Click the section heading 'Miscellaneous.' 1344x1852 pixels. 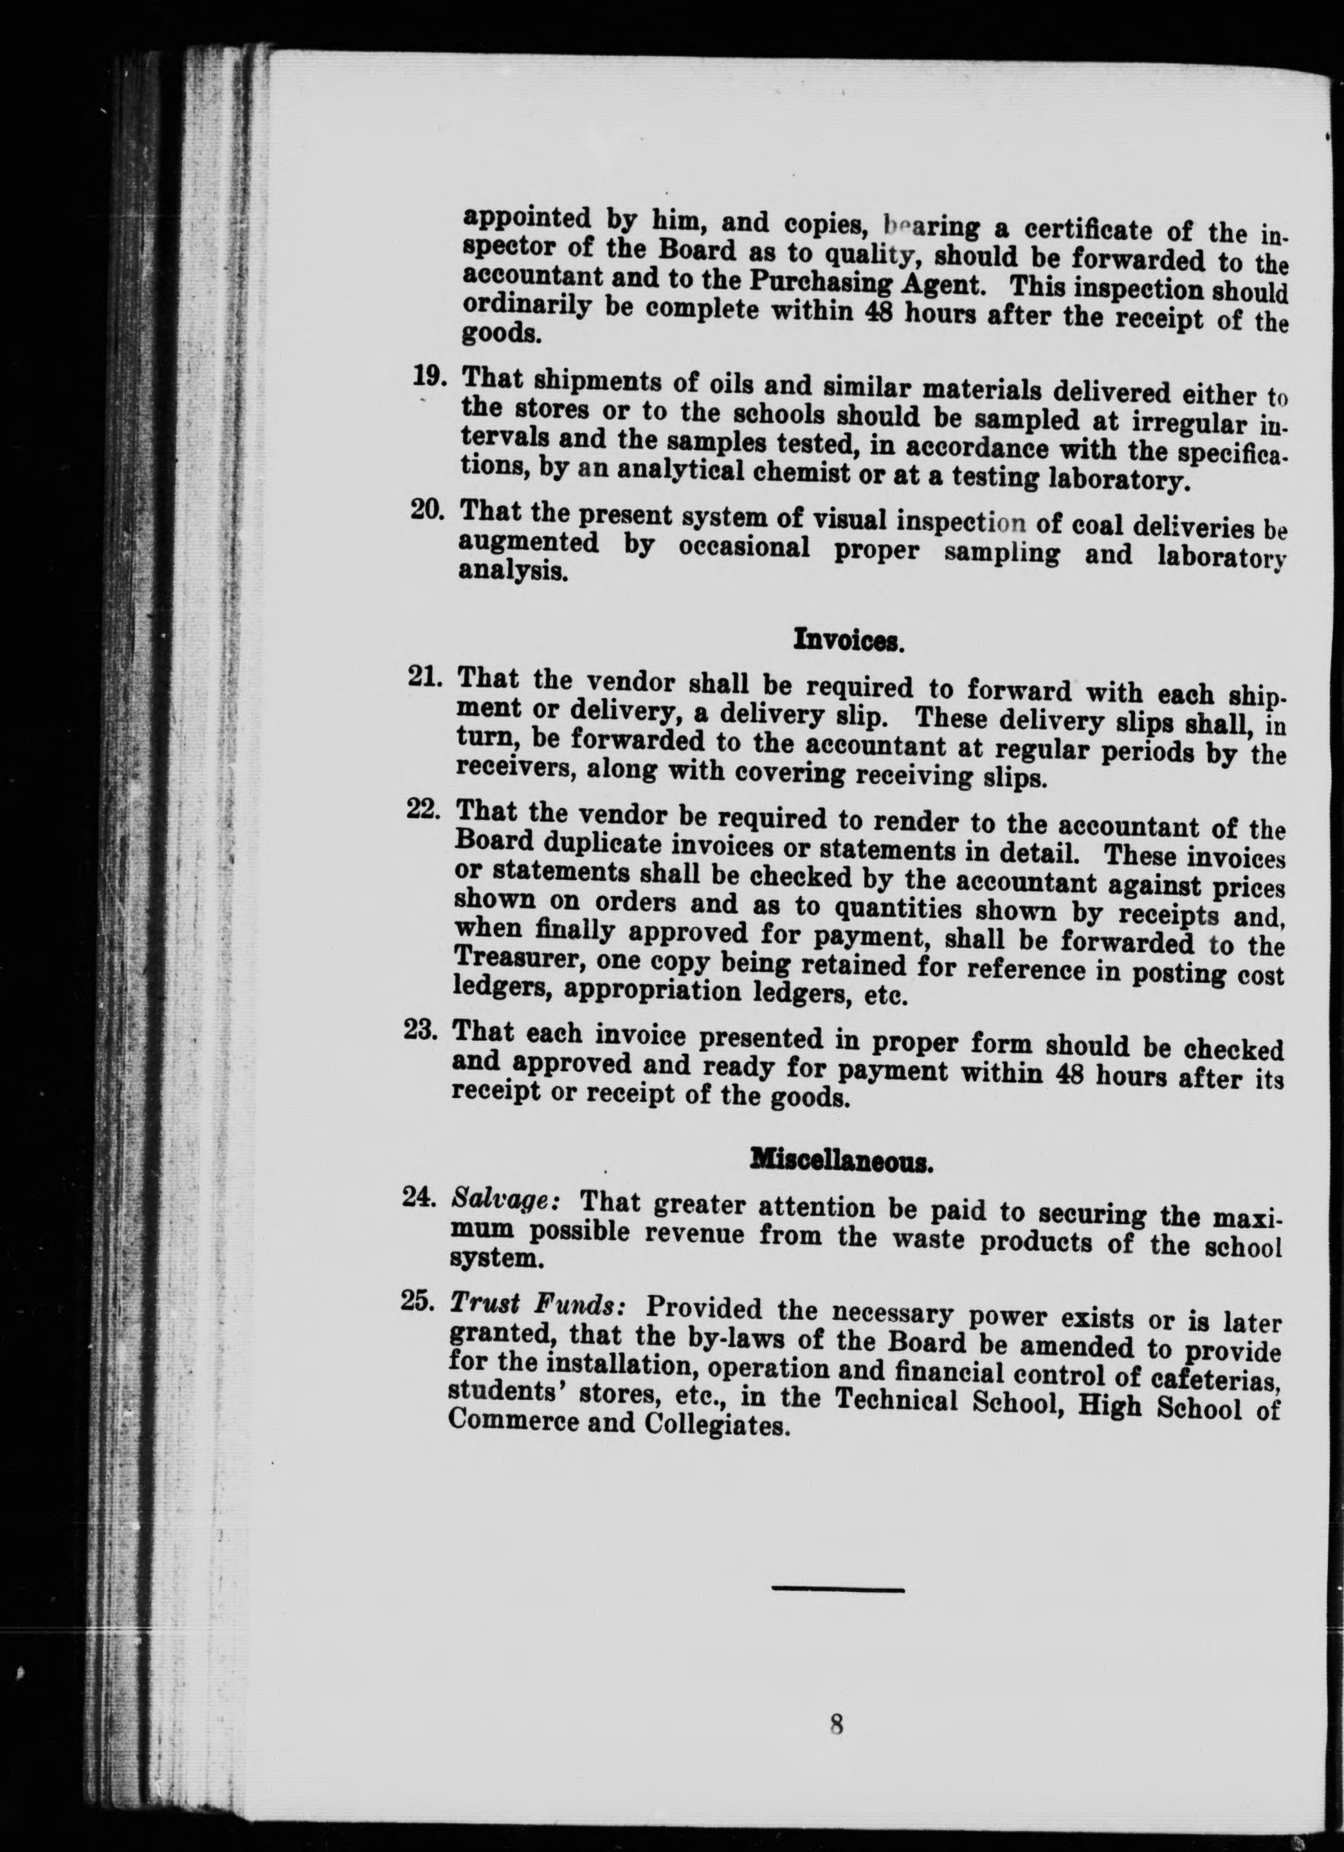(x=842, y=1161)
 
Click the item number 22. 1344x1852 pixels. (x=424, y=809)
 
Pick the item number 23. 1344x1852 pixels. (x=423, y=1031)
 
